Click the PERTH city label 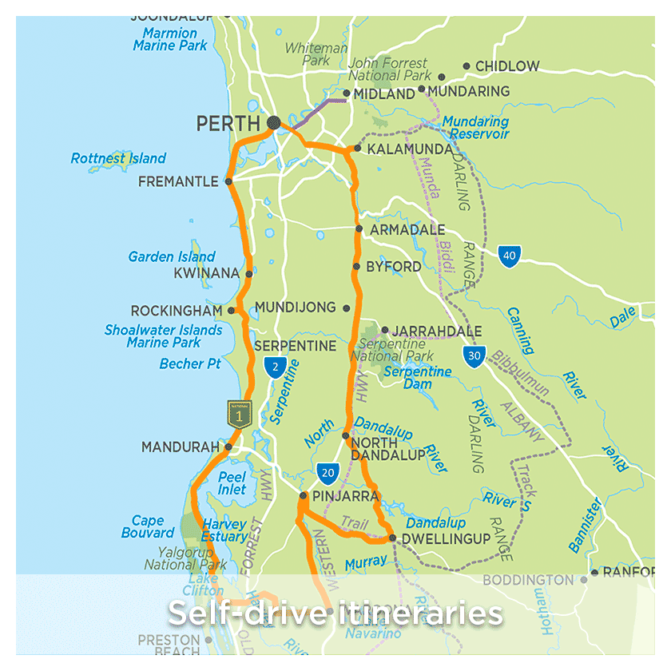[x=228, y=124]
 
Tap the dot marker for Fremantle [x=228, y=181]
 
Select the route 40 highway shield [x=509, y=256]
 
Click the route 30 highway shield [x=474, y=356]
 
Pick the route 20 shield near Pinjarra [x=327, y=472]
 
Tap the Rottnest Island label [x=118, y=158]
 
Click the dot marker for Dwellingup [x=392, y=538]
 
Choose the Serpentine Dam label [x=418, y=378]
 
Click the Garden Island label [x=172, y=256]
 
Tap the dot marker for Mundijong [x=346, y=308]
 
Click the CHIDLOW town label [x=507, y=66]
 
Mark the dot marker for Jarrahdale [x=384, y=329]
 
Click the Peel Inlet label [x=232, y=482]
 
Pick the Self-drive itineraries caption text [x=335, y=613]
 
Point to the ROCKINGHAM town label [x=176, y=310]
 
